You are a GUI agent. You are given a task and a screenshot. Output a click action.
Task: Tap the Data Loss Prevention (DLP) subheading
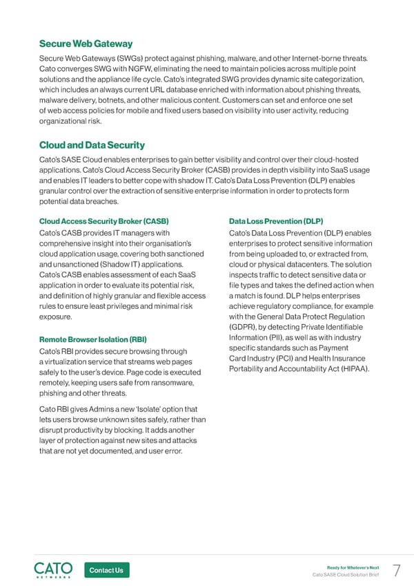(x=275, y=221)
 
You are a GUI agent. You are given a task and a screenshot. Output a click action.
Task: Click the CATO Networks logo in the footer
(x=53, y=569)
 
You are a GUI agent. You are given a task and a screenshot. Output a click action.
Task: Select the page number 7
(x=396, y=570)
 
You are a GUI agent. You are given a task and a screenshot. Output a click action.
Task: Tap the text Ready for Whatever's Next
(x=354, y=567)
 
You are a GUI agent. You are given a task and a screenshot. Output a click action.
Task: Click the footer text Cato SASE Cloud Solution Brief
(x=346, y=575)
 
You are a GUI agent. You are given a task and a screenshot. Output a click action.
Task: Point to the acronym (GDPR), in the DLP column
(x=244, y=326)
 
